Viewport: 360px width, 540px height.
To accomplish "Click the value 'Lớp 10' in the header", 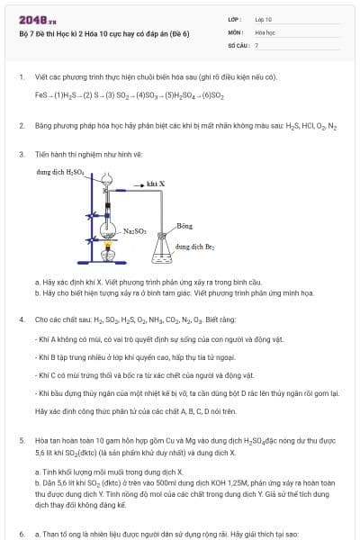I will [x=264, y=19].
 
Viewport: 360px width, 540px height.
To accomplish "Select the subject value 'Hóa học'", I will [x=265, y=31].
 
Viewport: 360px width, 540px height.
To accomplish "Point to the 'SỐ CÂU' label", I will [x=238, y=44].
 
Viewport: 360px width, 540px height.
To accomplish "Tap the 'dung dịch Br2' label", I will [x=195, y=245].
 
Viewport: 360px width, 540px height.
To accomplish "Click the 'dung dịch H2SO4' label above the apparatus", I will [x=60, y=171].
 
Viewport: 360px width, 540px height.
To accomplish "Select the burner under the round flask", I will [x=109, y=256].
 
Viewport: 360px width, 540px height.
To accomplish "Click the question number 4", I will [x=21, y=319].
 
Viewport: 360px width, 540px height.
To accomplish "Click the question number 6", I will [x=21, y=533].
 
